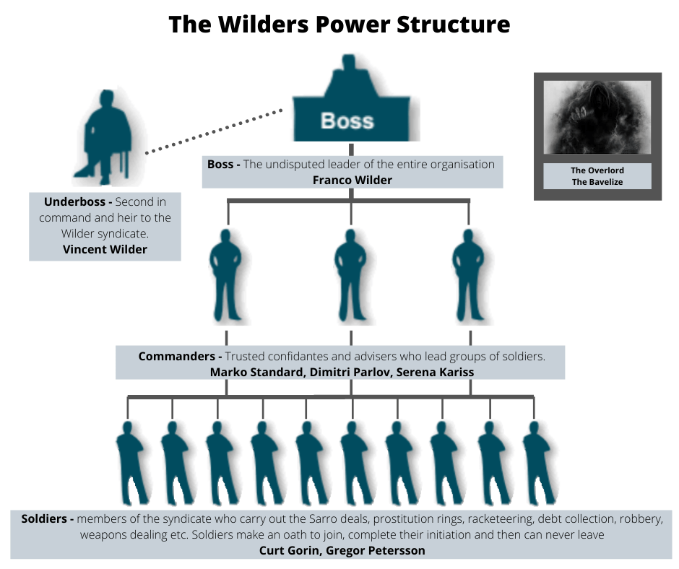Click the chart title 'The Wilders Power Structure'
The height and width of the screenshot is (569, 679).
tap(339, 24)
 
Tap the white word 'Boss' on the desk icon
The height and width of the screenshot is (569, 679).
tap(347, 120)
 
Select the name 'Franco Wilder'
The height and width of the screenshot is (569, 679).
tap(352, 180)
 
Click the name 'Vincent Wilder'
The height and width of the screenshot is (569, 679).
tap(105, 250)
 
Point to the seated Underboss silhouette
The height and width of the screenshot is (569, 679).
tap(105, 137)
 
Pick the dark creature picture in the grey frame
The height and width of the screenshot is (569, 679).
tap(597, 117)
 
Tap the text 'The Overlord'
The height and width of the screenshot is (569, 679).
tap(597, 170)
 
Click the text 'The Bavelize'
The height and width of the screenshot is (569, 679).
tap(597, 182)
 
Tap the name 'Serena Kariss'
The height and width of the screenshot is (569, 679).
tap(433, 372)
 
